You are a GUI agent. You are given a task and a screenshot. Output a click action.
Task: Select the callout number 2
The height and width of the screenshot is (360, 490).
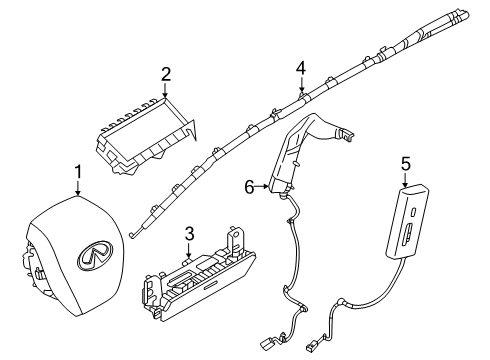pos(167,72)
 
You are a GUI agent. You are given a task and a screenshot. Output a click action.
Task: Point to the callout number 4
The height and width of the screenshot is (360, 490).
pos(299,69)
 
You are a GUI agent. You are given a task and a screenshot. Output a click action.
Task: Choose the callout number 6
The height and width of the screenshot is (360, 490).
pos(249,186)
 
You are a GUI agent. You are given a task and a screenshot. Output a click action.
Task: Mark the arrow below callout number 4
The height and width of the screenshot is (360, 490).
pos(299,87)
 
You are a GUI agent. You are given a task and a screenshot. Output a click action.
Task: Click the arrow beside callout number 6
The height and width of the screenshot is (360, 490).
pos(263,186)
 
